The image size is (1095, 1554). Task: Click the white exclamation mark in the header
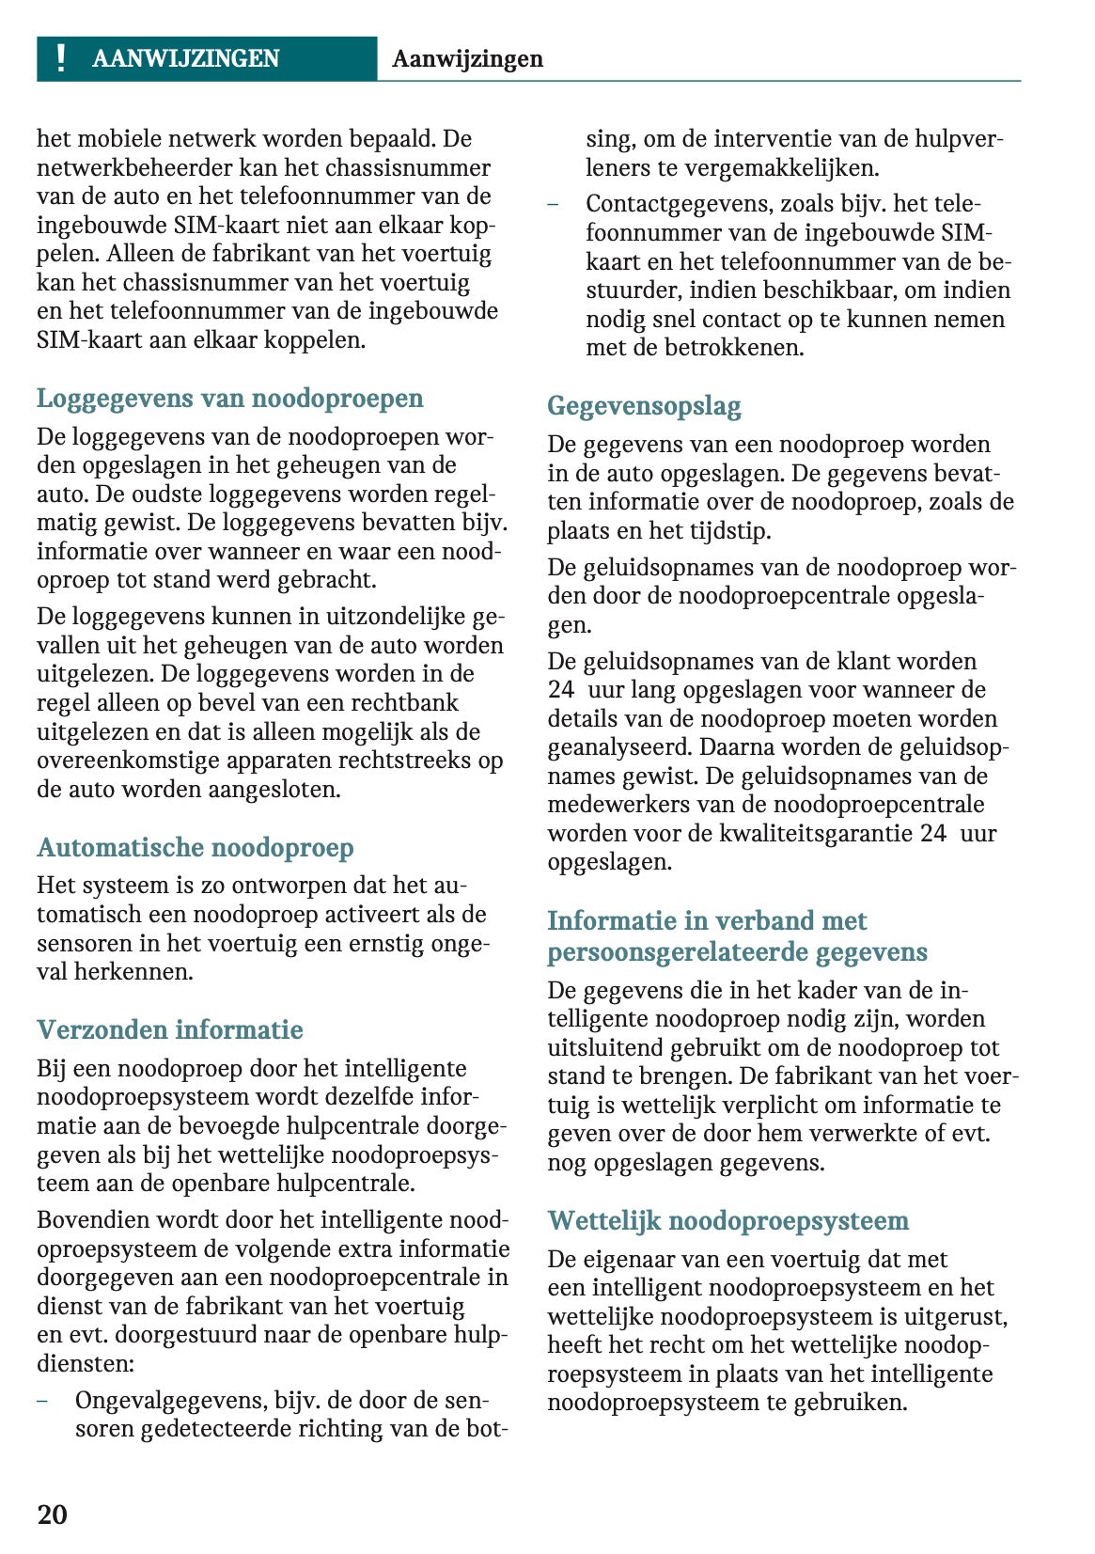tap(61, 58)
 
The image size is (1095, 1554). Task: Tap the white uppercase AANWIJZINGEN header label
tap(185, 59)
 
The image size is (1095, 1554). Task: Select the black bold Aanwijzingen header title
tap(467, 59)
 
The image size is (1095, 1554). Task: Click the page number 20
tap(53, 1514)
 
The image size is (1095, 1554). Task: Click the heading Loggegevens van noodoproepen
tap(229, 399)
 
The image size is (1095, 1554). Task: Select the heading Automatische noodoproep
tap(195, 848)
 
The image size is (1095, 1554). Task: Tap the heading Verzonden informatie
tap(169, 1030)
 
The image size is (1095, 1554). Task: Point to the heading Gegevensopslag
tap(644, 406)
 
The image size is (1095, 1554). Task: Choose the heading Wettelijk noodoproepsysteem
tap(727, 1221)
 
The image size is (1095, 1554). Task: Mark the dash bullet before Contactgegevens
tap(553, 204)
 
